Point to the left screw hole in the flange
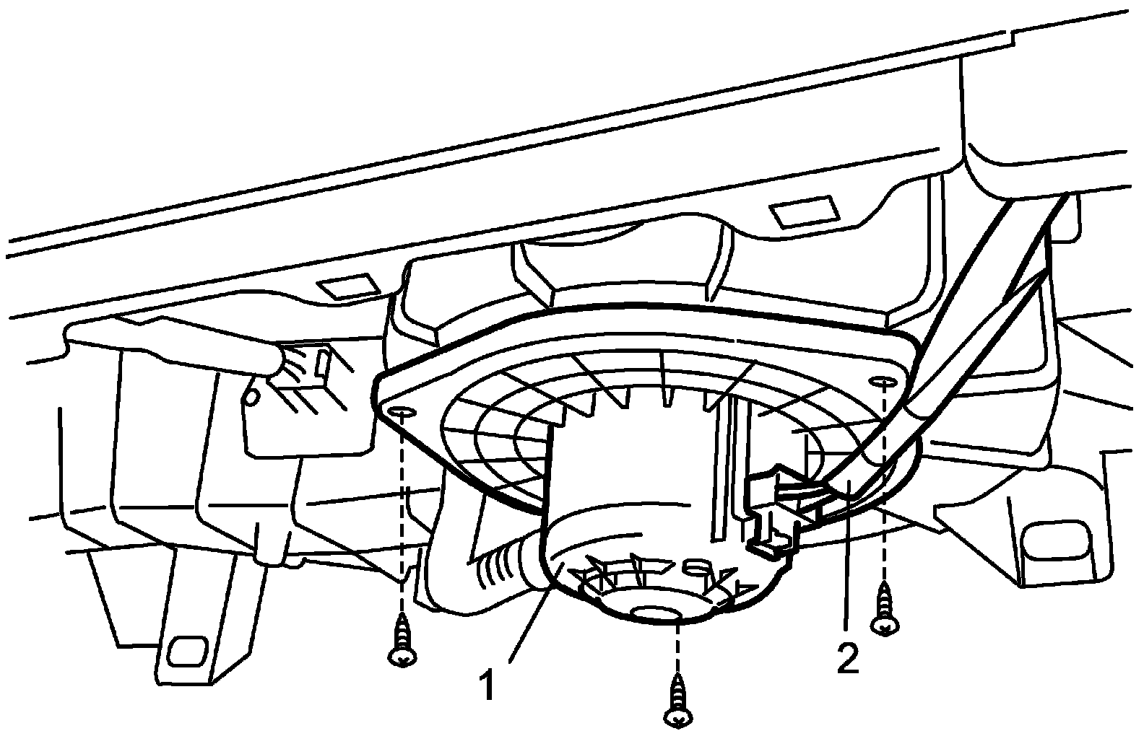[x=402, y=412]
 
